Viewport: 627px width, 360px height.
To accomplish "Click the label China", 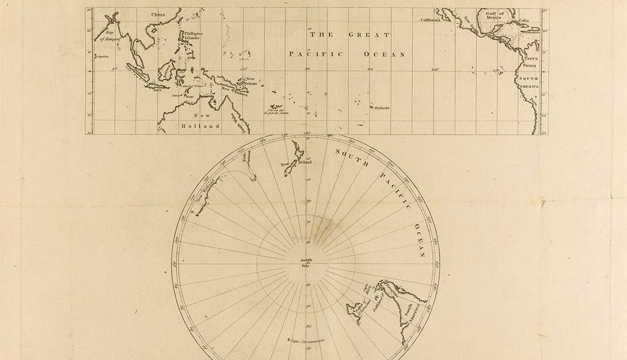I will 157,15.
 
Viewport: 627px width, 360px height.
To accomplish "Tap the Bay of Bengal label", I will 107,36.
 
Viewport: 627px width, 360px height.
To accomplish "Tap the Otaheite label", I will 381,107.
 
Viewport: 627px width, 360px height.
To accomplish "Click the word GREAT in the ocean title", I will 369,35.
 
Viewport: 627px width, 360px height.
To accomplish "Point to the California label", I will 431,20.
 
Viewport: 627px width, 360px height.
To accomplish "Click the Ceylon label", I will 103,57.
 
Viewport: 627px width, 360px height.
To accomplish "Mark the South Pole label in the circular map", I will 307,263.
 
